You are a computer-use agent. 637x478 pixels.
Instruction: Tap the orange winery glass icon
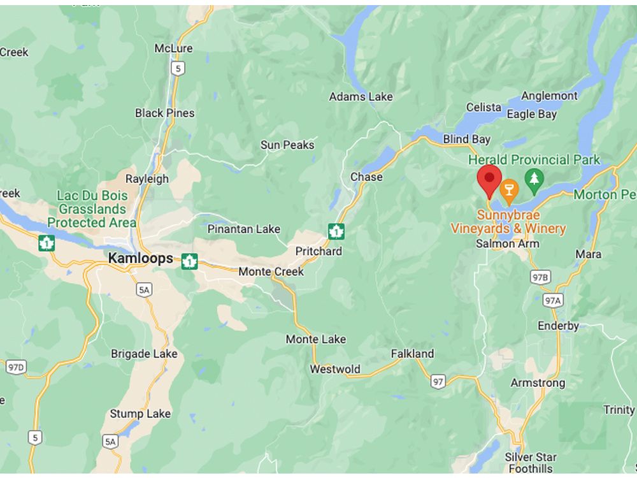coord(508,189)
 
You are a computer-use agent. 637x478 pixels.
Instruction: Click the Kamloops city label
coord(140,258)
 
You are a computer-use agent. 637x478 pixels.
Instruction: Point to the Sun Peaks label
coord(287,145)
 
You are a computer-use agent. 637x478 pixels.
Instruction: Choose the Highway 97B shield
coord(540,277)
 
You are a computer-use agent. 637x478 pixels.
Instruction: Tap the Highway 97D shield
coord(16,367)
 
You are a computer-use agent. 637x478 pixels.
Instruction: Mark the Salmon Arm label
coord(507,243)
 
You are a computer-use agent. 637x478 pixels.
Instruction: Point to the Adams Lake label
coord(361,97)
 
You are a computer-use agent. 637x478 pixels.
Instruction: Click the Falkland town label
coord(412,354)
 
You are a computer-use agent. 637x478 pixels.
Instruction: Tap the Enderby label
coord(558,326)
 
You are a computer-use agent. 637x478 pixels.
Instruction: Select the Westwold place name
coord(335,369)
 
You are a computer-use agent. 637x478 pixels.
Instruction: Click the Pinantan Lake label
coord(244,229)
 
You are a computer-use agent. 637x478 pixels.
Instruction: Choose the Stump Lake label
coord(140,414)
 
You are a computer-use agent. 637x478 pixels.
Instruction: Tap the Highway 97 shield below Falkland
coord(438,381)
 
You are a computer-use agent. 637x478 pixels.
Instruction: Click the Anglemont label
coord(549,96)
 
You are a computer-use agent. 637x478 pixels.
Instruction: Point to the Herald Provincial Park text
coord(534,159)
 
